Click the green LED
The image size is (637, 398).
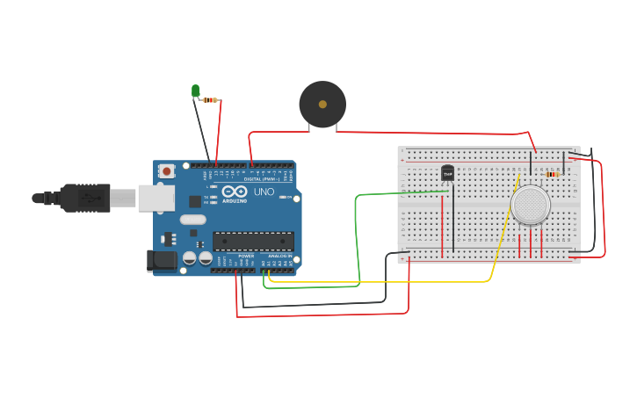pyautogui.click(x=195, y=90)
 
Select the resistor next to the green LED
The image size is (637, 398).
pyautogui.click(x=210, y=100)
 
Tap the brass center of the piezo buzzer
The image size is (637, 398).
pyautogui.click(x=322, y=105)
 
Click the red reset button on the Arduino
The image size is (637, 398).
pyautogui.click(x=166, y=171)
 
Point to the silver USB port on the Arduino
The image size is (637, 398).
pyautogui.click(x=156, y=199)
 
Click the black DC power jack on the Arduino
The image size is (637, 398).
pyautogui.click(x=163, y=260)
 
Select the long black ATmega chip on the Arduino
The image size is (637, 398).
pyautogui.click(x=253, y=241)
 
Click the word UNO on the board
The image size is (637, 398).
pyautogui.click(x=264, y=192)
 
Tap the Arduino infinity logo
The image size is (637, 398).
pyautogui.click(x=235, y=191)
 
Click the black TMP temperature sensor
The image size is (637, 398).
pyautogui.click(x=447, y=174)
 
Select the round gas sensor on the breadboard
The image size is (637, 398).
pyautogui.click(x=530, y=204)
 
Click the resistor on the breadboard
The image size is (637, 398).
pyautogui.click(x=552, y=174)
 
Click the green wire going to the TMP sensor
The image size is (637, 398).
pyautogui.click(x=356, y=237)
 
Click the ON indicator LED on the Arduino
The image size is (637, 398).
pyautogui.click(x=283, y=197)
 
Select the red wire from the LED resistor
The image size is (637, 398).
pyautogui.click(x=219, y=132)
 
